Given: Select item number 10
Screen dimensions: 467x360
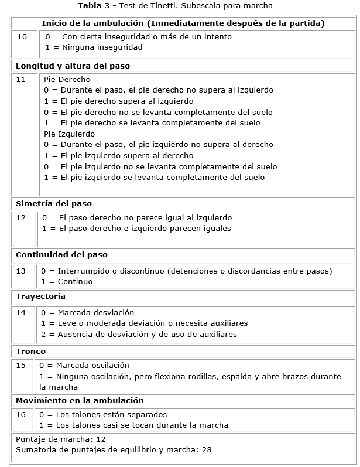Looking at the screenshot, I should pos(22,36).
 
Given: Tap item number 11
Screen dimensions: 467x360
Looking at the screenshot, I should pos(20,79).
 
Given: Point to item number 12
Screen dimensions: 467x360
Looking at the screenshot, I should pos(20,218).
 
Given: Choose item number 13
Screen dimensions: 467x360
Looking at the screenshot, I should pos(20,271).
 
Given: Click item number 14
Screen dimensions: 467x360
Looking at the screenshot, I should pos(20,313).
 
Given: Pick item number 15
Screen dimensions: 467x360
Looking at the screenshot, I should pos(20,366).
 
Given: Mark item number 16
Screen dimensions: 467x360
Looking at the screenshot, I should pos(20,414).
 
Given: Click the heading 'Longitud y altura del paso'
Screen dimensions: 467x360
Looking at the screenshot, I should pos(73,66).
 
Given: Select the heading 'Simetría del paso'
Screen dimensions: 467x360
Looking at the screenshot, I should pos(54,204).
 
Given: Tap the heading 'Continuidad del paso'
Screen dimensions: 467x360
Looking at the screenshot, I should pos(61,255).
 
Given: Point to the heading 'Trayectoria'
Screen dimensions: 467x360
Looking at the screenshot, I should pos(40,296).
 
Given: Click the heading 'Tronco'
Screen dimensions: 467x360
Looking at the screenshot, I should pos(30,351).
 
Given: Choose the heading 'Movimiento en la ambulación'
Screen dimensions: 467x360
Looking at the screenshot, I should pos(80,401).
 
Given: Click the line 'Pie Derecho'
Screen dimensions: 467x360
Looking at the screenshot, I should pos(67,79).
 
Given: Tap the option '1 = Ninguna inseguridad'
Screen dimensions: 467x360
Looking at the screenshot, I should pos(94,47).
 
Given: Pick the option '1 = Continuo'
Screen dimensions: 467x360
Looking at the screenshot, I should pos(67,282).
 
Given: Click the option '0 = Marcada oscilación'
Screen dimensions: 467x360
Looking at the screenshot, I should pos(84,366).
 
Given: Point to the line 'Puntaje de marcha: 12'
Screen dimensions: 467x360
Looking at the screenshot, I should pos(60,438).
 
